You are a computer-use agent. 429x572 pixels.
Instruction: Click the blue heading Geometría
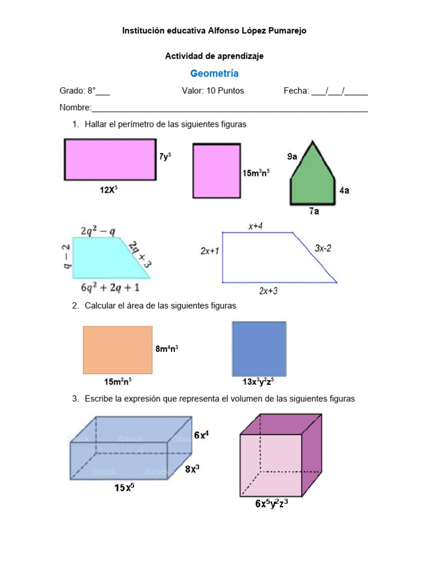point(214,73)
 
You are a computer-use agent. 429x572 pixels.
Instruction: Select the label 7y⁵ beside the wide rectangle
point(165,157)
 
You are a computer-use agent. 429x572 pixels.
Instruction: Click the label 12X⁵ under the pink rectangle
point(109,190)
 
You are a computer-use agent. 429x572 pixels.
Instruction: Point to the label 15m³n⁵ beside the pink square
point(256,173)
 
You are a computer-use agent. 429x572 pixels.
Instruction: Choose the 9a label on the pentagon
point(292,157)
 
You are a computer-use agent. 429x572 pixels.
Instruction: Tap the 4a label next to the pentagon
point(345,190)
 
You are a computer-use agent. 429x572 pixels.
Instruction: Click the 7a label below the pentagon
point(314,212)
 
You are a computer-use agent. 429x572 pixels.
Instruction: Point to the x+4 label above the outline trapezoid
point(256,226)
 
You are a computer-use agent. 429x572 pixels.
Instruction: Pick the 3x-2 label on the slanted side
point(323,248)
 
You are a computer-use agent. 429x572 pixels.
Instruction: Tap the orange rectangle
point(117,350)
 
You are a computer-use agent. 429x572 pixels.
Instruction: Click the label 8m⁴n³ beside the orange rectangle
point(167,349)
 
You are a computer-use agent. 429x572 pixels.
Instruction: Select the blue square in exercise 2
point(259,349)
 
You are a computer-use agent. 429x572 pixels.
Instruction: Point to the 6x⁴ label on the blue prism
point(202,435)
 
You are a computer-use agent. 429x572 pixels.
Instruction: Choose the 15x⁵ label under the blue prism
point(124,488)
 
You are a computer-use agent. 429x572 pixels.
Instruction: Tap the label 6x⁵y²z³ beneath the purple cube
point(271,503)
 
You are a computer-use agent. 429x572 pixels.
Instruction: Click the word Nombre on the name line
point(75,107)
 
